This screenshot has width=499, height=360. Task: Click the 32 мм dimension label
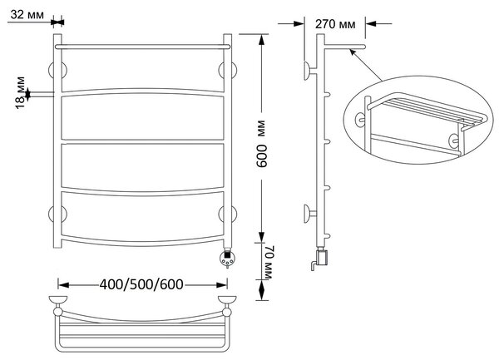pos(27,15)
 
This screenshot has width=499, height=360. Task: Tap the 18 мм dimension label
pos(20,92)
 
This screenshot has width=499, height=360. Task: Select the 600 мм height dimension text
pos(262,144)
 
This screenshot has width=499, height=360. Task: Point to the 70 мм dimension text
pos(269,263)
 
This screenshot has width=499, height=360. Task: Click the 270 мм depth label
pos(335,24)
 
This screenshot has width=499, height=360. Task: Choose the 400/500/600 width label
pos(141,284)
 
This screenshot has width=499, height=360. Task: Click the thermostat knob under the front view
pos(228,258)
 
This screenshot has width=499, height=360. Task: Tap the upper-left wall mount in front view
pos(57,70)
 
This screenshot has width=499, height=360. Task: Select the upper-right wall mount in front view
pos(228,70)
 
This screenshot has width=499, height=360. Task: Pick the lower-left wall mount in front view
pos(57,214)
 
